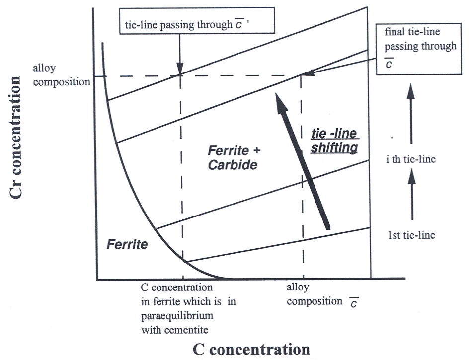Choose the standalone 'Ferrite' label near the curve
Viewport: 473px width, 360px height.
127,245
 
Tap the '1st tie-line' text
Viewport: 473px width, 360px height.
412,235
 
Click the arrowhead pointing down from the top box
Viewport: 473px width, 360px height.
180,68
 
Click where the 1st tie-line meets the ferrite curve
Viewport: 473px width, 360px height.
185,261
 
